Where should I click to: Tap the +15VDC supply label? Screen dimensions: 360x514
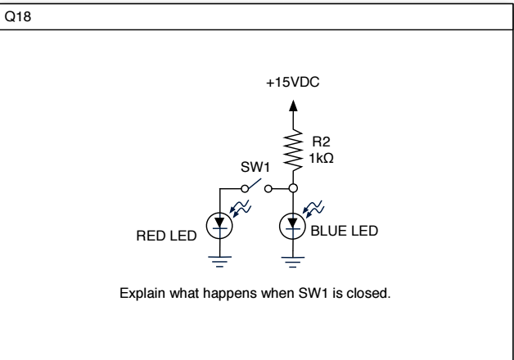click(x=294, y=83)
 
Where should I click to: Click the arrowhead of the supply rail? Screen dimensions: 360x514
click(x=294, y=105)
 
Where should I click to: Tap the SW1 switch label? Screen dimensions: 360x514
click(x=253, y=166)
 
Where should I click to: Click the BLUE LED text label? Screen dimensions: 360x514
click(x=344, y=232)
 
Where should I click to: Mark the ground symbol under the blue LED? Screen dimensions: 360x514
click(x=294, y=260)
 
